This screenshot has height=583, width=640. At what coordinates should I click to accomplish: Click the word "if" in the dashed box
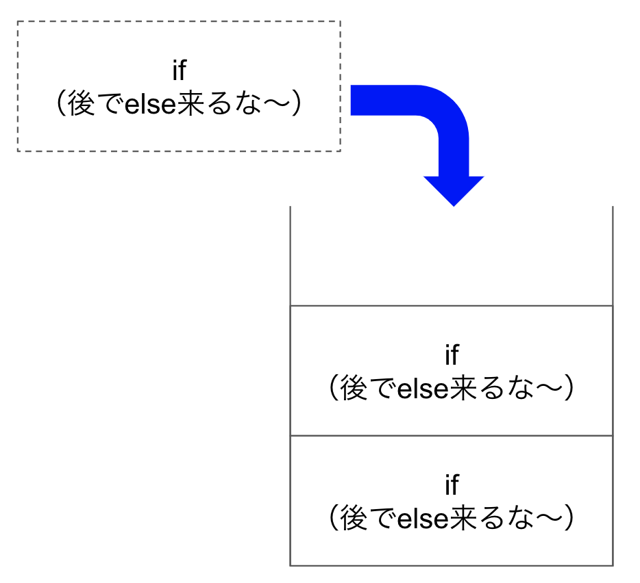[x=179, y=70]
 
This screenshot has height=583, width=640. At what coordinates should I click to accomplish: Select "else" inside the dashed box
[x=150, y=105]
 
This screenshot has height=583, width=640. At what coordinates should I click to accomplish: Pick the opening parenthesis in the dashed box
[x=61, y=104]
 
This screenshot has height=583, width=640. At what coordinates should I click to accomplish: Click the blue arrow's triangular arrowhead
[x=454, y=191]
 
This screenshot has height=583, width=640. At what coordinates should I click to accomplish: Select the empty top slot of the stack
[x=452, y=256]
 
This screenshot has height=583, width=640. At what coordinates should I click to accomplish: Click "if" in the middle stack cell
[x=452, y=354]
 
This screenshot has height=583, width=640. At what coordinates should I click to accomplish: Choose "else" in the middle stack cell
[x=423, y=389]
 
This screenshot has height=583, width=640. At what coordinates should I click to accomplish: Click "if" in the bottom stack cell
[x=452, y=484]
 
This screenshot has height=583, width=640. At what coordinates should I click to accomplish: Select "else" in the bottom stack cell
[x=423, y=519]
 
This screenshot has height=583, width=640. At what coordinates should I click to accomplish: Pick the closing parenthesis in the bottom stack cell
[x=569, y=519]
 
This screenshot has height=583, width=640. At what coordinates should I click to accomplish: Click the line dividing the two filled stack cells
[x=452, y=435]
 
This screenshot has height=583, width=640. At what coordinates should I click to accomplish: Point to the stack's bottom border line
[x=452, y=565]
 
